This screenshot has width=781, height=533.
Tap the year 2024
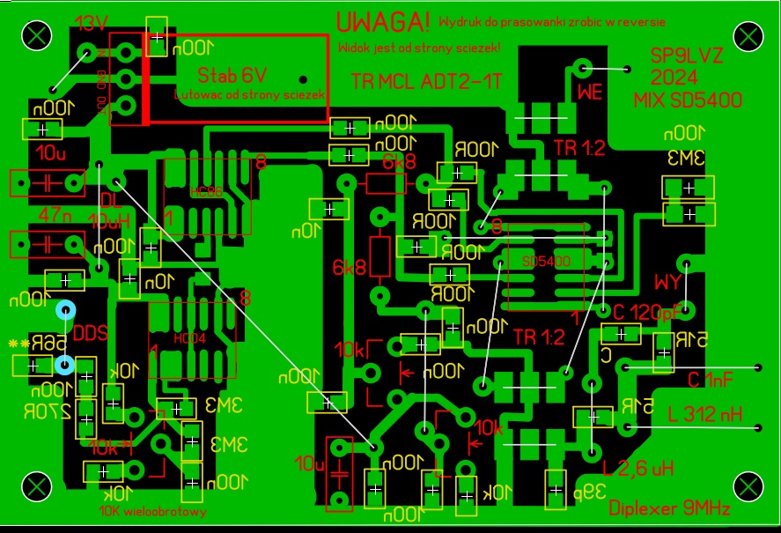point(675,78)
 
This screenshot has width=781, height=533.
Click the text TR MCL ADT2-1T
point(426,82)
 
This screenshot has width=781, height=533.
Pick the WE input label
point(589,92)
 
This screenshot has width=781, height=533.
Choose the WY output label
point(668,283)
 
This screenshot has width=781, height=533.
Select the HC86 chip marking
point(208,189)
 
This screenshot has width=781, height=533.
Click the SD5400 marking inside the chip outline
point(546,262)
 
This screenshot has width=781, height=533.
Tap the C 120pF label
point(647,313)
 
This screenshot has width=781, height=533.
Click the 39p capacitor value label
point(594,492)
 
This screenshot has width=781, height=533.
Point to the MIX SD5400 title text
point(687,100)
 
